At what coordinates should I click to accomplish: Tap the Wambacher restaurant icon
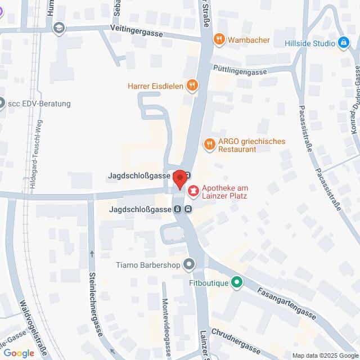219,40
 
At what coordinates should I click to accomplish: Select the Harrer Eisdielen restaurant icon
192,85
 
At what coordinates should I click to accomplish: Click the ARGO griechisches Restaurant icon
209,145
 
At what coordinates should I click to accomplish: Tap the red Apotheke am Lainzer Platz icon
193,192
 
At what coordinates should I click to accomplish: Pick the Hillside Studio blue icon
343,43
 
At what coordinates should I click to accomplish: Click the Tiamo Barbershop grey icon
189,264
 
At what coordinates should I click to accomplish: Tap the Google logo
19,353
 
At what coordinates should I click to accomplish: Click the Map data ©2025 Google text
325,355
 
